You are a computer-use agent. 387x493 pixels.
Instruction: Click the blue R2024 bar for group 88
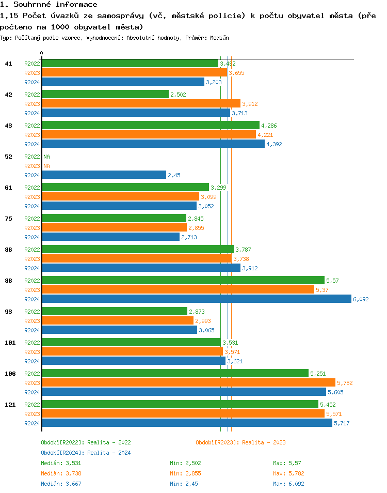pos(196,299)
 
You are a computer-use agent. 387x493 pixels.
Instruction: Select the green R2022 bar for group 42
pos(105,95)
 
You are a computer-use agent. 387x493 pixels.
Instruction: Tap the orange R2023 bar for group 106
pos(188,383)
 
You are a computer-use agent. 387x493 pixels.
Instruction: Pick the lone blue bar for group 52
pos(104,175)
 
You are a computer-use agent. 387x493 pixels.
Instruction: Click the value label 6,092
pos(361,299)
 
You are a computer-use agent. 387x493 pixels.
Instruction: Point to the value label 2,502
pos(178,95)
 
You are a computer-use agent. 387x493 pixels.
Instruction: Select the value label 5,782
pos(344,383)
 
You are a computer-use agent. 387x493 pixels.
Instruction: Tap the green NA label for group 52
pos(46,157)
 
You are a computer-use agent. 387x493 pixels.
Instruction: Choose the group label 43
pos(8,126)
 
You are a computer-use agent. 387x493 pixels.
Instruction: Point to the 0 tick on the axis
pos(42,53)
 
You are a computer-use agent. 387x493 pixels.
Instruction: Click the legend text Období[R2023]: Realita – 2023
pos(240,442)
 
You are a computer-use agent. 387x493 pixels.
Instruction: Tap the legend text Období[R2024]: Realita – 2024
pos(86,453)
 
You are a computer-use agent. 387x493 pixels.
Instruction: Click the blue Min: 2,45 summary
pos(184,484)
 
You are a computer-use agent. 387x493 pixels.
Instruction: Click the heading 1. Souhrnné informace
pos(49,5)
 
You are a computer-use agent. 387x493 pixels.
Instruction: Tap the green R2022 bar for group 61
pos(125,188)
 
